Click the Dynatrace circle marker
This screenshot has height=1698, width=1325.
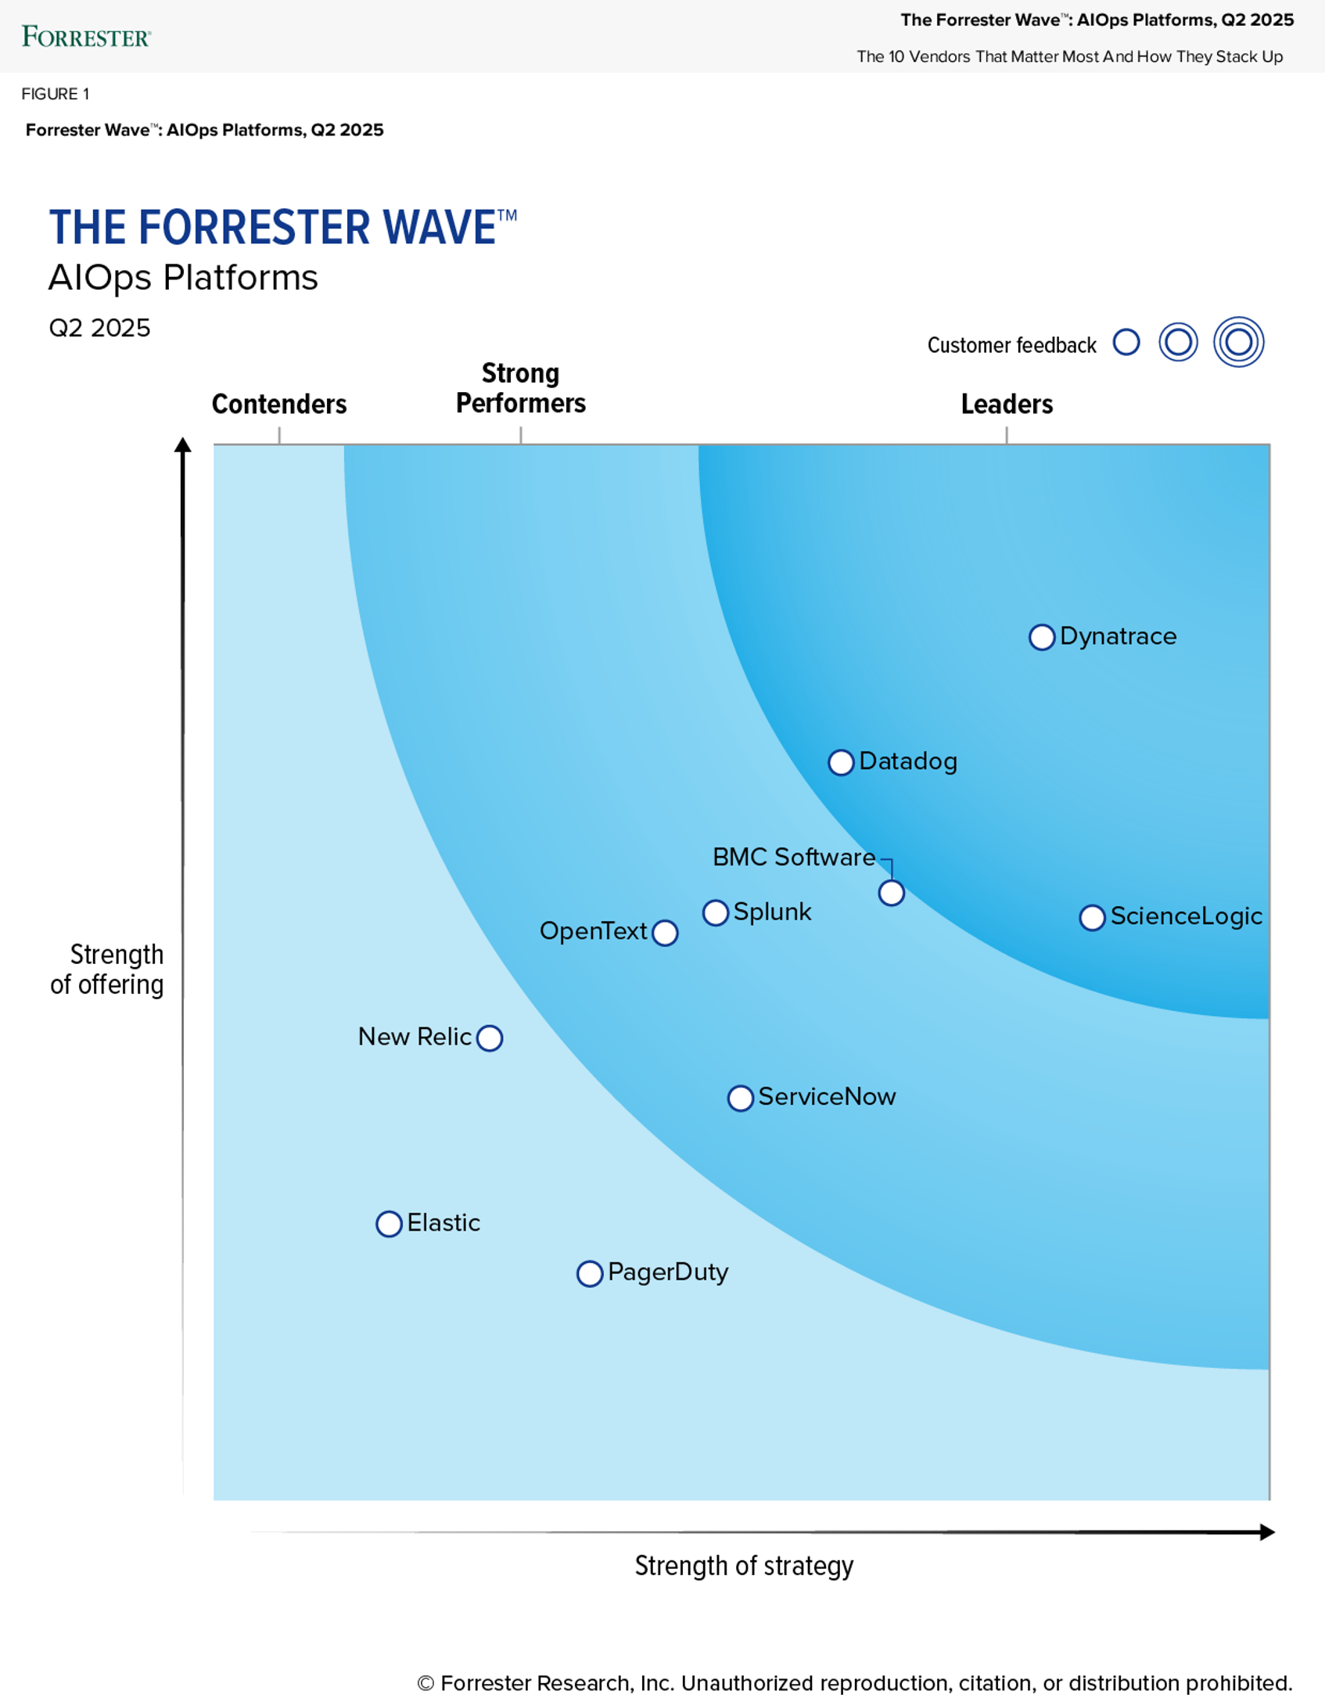point(1041,637)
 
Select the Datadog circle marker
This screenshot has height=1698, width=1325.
point(841,762)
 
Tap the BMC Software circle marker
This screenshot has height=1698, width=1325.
point(891,893)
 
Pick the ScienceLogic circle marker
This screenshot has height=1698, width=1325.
point(1092,917)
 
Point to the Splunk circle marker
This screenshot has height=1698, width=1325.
point(715,912)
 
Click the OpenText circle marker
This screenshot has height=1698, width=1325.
point(665,933)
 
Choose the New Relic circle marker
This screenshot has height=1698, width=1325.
point(490,1038)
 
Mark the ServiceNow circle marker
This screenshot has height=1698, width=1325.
point(740,1098)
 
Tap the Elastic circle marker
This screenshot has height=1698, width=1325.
point(389,1224)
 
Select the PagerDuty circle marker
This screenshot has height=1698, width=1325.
point(590,1273)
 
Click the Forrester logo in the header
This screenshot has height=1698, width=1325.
point(86,37)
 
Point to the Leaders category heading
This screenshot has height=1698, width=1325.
point(1007,404)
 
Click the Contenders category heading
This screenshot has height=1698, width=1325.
point(279,404)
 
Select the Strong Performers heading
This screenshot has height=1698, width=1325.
point(521,388)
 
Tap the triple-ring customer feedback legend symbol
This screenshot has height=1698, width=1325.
point(1238,342)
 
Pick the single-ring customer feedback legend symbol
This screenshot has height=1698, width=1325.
point(1126,342)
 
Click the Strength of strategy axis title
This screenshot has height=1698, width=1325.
point(744,1566)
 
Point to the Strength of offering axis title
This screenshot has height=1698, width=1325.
point(108,970)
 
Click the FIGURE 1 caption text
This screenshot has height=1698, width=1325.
point(56,94)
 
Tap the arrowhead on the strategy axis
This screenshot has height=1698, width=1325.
point(1267,1532)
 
